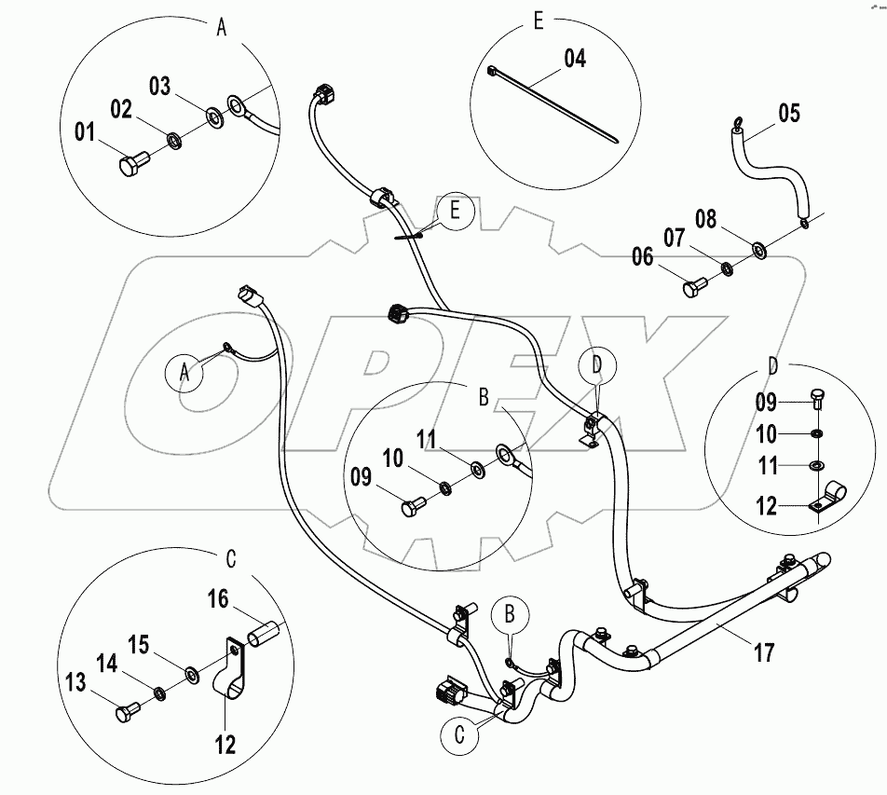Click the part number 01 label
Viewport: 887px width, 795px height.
click(85, 134)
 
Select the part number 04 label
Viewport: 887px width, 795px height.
click(575, 59)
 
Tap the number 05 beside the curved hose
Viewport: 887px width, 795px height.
click(788, 114)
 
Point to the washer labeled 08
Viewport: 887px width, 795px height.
click(759, 250)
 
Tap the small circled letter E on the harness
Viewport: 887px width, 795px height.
click(455, 212)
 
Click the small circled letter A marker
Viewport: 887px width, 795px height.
click(184, 372)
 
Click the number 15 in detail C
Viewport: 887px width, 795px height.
click(137, 646)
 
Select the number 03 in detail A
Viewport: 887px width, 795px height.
click(160, 88)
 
